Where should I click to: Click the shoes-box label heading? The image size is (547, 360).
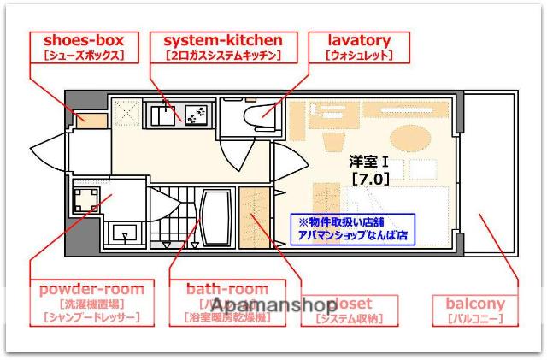[84, 39]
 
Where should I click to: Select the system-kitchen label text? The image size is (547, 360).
[222, 39]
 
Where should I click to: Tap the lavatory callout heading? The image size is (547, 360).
[359, 39]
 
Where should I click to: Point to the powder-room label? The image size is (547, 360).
[91, 289]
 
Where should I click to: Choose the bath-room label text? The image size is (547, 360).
[226, 289]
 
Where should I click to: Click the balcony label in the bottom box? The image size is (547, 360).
[475, 304]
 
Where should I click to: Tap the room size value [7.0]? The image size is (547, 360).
[370, 179]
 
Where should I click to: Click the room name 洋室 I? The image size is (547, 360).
[369, 161]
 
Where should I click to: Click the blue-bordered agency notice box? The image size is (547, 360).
[353, 227]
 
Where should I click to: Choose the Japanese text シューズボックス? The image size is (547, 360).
[84, 56]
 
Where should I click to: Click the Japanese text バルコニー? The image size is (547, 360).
[475, 319]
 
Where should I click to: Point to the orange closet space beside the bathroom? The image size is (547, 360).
[254, 221]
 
